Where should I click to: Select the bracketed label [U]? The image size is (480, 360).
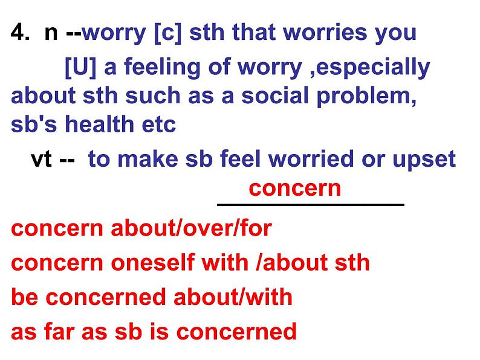click(80, 68)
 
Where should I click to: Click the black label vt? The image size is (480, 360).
click(41, 159)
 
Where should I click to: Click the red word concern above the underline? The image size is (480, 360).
click(295, 188)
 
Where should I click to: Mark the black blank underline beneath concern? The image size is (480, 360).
click(310, 205)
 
